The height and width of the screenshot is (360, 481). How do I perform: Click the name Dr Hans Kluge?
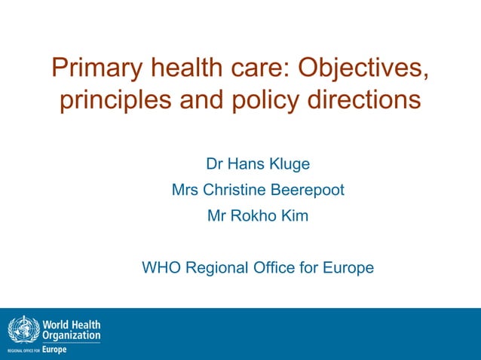(258, 163)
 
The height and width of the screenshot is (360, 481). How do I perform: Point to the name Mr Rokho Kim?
(258, 216)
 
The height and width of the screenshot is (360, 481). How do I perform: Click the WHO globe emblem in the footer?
(21, 329)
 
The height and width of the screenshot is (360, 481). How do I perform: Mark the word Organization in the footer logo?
(72, 335)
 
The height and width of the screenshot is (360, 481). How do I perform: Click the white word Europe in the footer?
(54, 349)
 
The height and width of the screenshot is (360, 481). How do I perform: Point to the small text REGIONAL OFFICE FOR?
(23, 351)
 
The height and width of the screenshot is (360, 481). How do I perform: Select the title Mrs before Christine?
(185, 190)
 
